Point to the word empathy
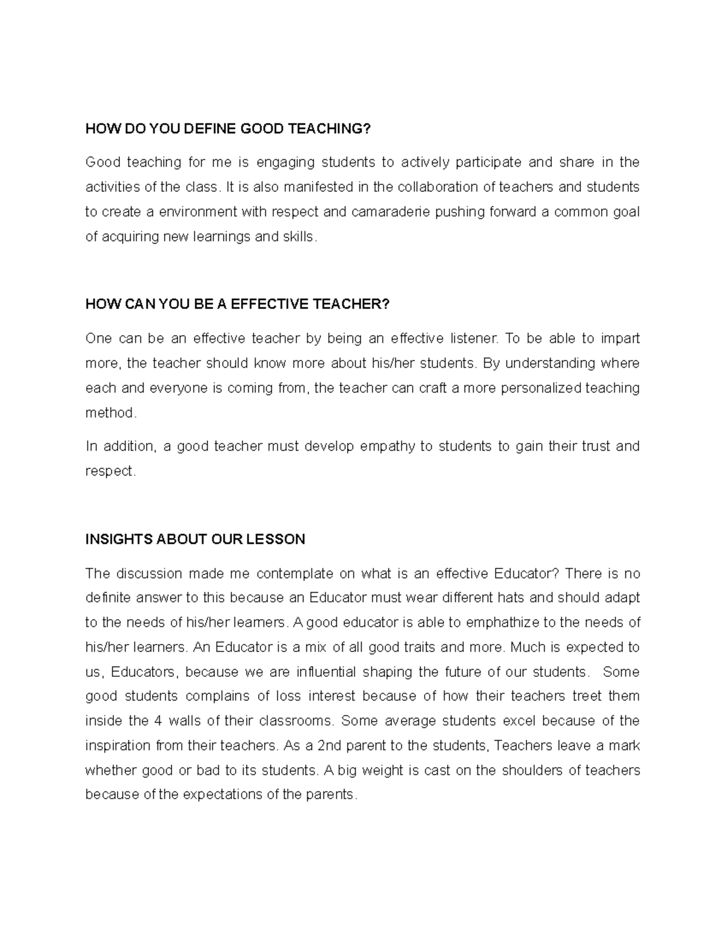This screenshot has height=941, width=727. (x=388, y=447)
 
